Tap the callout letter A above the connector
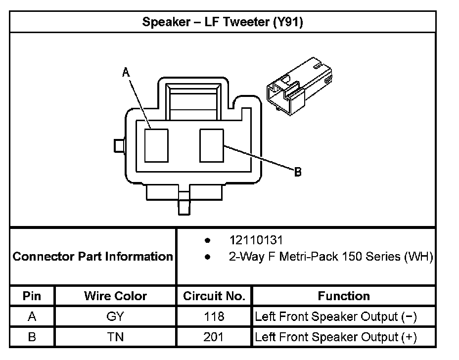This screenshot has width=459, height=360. [x=126, y=73]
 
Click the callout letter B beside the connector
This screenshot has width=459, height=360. [x=298, y=172]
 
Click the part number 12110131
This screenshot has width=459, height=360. [x=256, y=240]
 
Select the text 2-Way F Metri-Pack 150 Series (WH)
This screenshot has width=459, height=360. [x=331, y=257]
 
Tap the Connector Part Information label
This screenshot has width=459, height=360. [x=92, y=257]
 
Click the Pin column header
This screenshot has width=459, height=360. [x=32, y=296]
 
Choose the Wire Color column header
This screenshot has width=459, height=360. [x=115, y=296]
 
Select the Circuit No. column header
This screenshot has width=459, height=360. [x=214, y=296]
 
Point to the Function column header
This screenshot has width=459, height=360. [x=344, y=296]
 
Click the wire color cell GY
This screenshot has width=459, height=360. [x=115, y=316]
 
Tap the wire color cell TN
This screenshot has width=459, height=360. [x=115, y=337]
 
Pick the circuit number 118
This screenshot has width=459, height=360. [x=214, y=316]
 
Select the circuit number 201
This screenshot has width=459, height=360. [x=214, y=337]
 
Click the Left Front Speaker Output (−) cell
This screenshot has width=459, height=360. [x=336, y=316]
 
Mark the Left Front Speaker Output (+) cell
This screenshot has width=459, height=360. [x=336, y=337]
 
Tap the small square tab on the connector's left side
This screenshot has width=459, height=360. [x=119, y=145]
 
